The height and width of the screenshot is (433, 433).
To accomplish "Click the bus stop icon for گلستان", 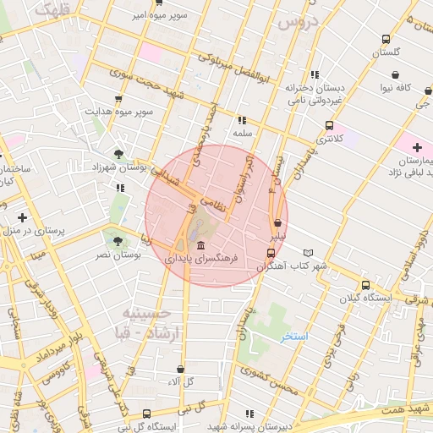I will tap(386, 39).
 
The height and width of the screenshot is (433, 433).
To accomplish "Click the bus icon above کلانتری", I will tap(329, 125).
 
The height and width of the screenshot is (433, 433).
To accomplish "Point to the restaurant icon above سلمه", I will tap(242, 120).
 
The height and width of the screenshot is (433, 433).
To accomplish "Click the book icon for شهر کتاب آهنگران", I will tap(308, 253).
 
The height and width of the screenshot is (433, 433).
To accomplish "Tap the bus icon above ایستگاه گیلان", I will tap(365, 285).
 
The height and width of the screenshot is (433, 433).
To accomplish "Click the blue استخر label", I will tap(295, 337).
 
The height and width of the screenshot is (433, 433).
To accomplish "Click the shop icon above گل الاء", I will tap(180, 369).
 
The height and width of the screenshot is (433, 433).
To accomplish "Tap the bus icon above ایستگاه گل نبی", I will tap(147, 414).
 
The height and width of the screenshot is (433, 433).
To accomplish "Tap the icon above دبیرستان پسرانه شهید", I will tap(249, 414).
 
